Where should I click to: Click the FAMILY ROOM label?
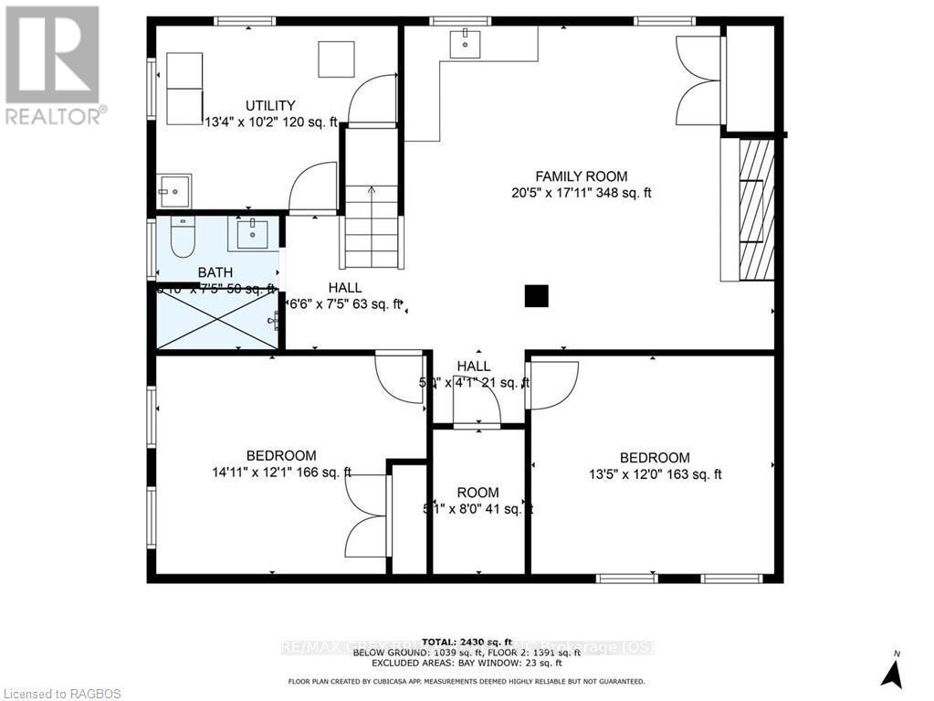(x=581, y=176)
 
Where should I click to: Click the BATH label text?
(x=215, y=272)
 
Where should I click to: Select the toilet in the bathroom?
(x=183, y=239)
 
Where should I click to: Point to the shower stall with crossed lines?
(x=216, y=320)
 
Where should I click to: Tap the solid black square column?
(x=537, y=296)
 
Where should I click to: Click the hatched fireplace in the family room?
(x=756, y=209)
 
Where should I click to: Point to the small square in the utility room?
(x=335, y=59)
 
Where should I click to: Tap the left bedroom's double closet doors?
(x=368, y=516)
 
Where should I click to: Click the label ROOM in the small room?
(x=478, y=493)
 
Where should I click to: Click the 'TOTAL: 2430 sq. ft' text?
(x=467, y=643)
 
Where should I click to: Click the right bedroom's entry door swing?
(x=553, y=384)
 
